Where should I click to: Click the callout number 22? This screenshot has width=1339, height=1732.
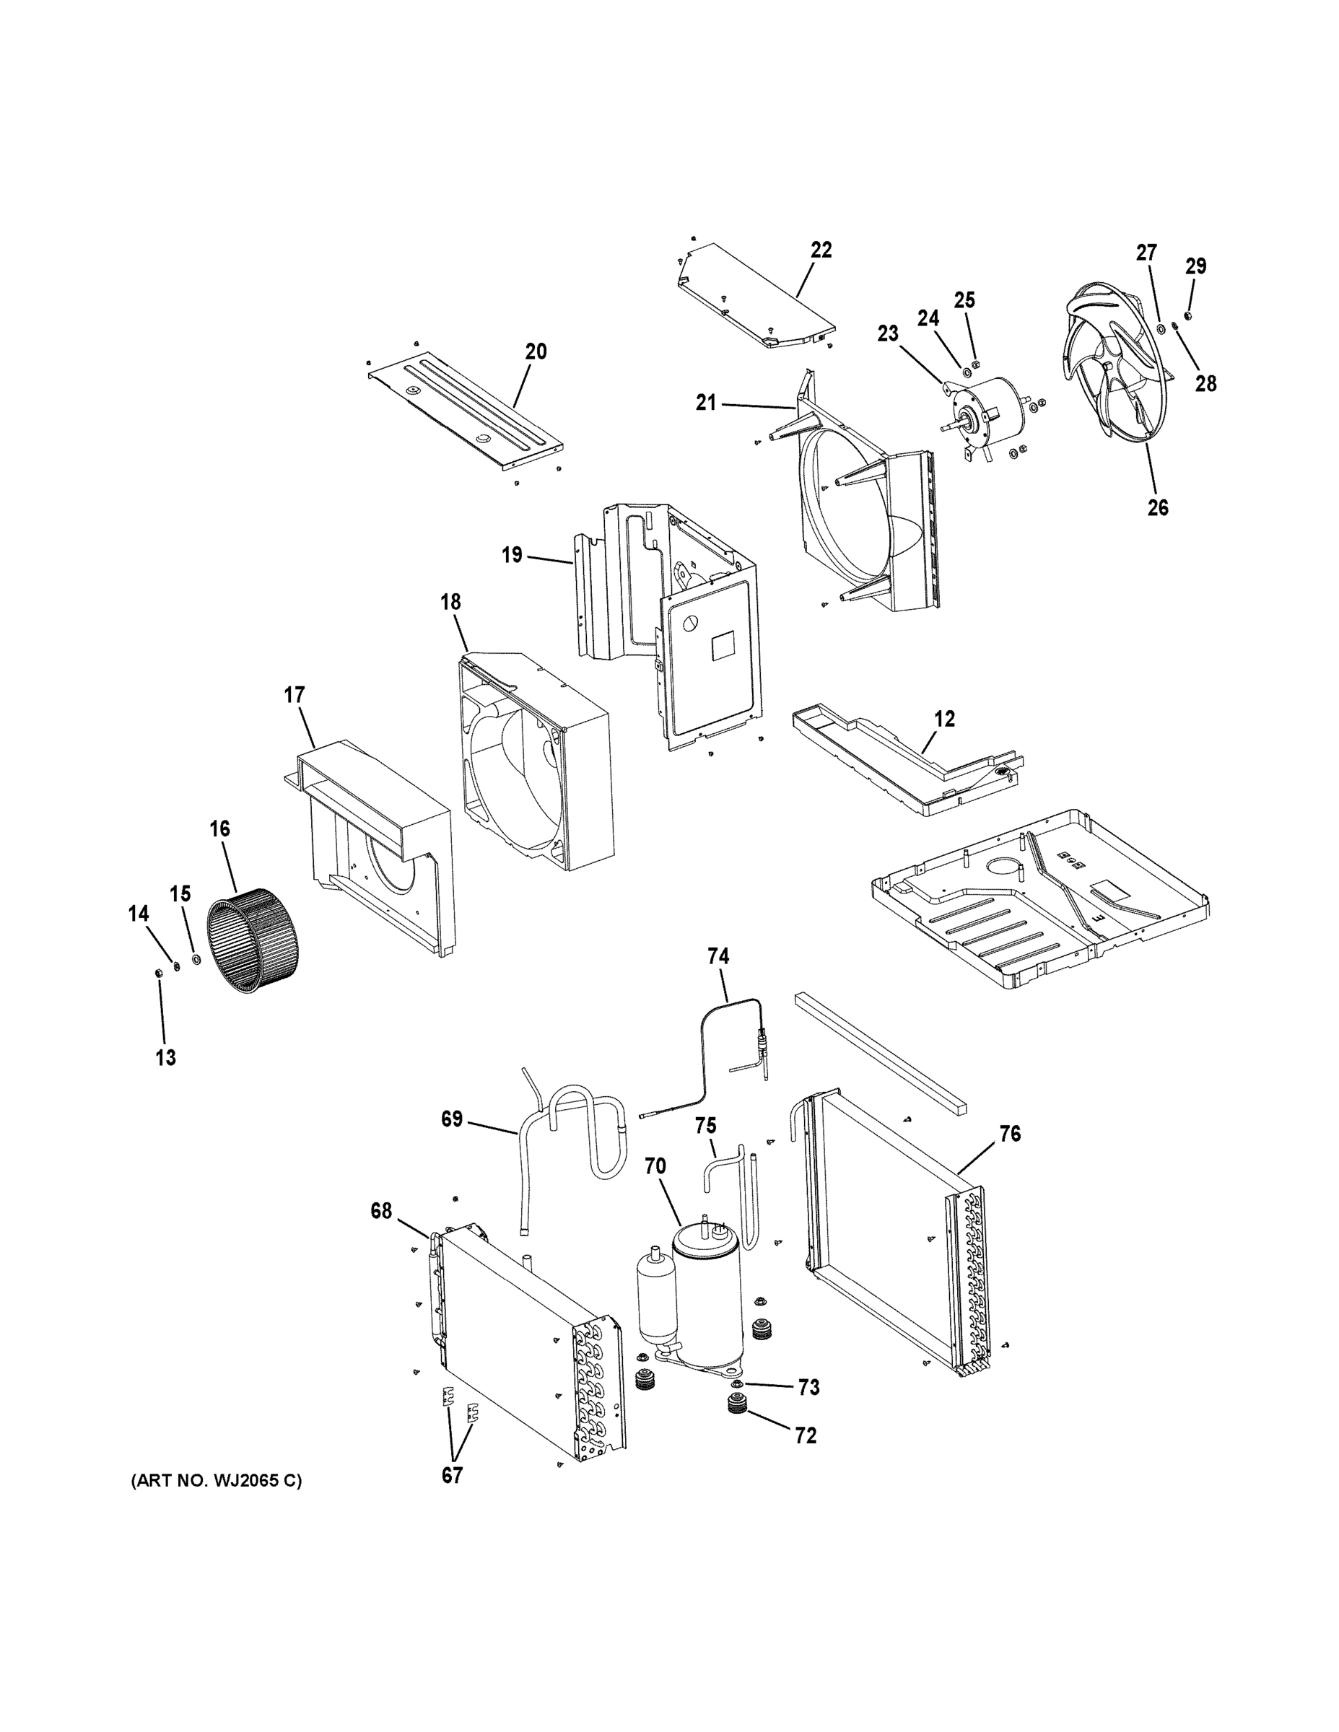821,250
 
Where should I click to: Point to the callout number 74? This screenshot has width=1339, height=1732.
718,957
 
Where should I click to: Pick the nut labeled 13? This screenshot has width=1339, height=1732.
158,972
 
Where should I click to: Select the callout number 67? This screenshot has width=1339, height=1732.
452,1476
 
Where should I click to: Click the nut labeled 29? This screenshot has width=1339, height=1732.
1188,316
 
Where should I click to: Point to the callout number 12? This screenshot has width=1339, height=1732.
945,719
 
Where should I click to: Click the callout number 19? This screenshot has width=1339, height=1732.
513,554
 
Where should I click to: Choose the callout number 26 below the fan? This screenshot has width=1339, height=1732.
1157,507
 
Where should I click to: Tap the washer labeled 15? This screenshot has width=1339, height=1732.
196,961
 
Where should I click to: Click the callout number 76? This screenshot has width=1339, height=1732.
1010,1134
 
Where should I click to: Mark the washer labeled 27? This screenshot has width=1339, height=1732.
1161,328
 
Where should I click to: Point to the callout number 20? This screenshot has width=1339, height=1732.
536,351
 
